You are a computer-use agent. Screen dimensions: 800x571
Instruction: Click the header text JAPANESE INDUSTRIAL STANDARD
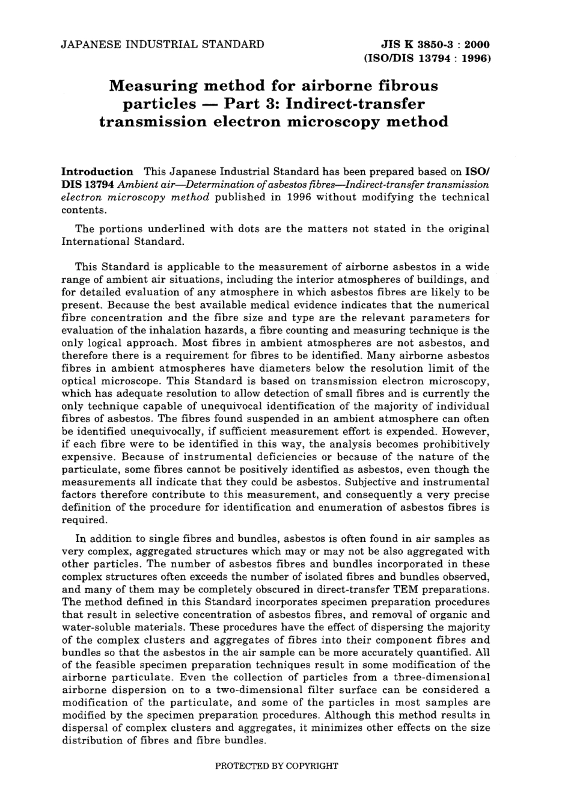[x=162, y=45]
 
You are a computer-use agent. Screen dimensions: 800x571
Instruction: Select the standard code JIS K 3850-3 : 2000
[x=436, y=45]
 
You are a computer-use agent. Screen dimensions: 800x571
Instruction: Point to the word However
[x=466, y=431]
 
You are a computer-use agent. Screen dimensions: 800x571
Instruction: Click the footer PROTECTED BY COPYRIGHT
[x=276, y=766]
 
